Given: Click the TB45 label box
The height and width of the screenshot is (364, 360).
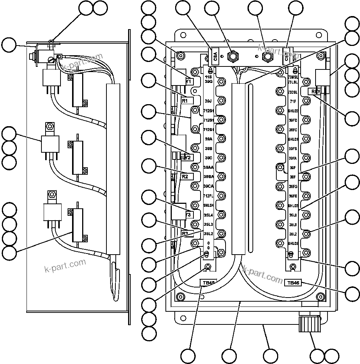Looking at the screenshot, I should pos(208,283).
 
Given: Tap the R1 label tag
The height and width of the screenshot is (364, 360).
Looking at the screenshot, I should pos(186,100).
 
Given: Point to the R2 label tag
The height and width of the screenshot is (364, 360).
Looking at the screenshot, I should pos(187,176).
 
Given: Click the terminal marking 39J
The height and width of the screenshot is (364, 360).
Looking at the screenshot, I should pos(208,101).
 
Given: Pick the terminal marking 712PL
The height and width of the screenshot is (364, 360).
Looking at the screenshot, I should pos(208,195).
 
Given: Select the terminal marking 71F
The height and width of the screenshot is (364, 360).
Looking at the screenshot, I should pos(293,101).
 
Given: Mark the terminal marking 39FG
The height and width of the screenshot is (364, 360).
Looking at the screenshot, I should pos(293,186).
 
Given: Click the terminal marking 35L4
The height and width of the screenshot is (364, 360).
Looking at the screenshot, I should pos(208,215).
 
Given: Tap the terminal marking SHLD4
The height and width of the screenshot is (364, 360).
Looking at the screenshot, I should pos(208,205).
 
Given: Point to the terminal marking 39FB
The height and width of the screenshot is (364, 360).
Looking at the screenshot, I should pos(293,149).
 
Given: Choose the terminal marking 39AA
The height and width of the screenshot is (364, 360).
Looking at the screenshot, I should pos(208,167).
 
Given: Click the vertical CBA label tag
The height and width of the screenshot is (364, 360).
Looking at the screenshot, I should pos(215,56).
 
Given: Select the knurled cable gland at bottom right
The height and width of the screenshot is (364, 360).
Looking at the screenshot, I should pos(310,324).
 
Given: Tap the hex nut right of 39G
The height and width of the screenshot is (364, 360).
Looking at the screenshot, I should pos(222,82).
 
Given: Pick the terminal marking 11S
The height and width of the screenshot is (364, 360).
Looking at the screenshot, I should pos(208,77).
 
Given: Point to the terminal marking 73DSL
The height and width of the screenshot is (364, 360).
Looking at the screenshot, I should pos(293,92).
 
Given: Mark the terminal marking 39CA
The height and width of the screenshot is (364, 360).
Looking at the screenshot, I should pos(208,186).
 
